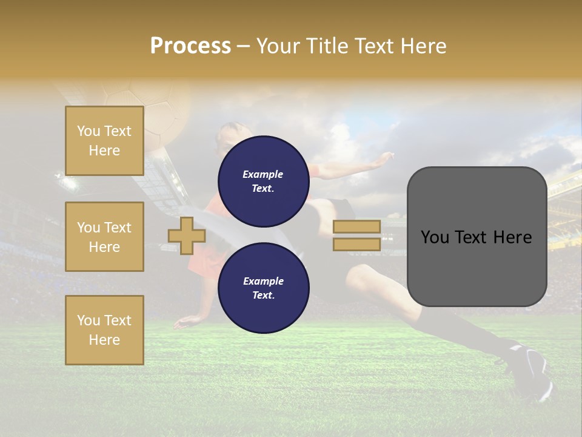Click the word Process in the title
tap(190, 46)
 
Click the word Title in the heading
tap(328, 46)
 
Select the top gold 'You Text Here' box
tap(104, 141)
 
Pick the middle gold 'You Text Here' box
tap(104, 237)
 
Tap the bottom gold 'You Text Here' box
tap(104, 330)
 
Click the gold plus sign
tap(187, 235)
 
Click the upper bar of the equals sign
tap(356, 226)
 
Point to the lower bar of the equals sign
tap(356, 244)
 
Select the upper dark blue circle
tap(263, 181)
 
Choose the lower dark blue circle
tap(263, 288)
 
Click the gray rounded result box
tap(477, 237)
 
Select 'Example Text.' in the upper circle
tap(263, 181)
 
